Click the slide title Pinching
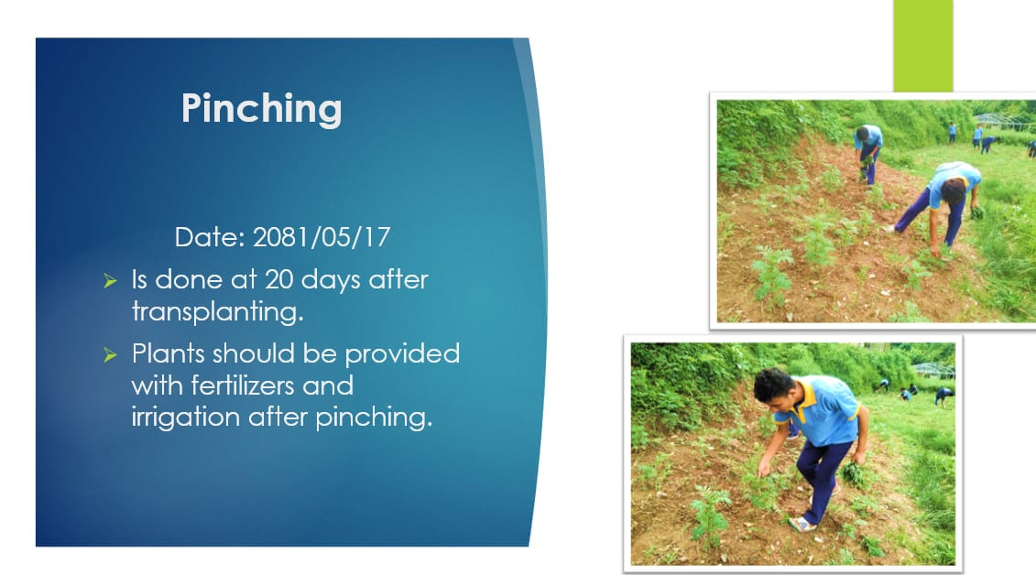tap(262, 108)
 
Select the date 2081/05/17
tap(322, 237)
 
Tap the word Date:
tap(210, 237)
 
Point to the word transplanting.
tap(217, 311)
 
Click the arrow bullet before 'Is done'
tap(110, 281)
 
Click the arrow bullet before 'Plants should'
tap(110, 355)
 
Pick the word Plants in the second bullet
tap(168, 353)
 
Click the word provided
tap(402, 353)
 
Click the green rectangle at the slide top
tap(923, 46)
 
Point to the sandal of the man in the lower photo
tap(802, 525)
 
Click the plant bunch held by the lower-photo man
tap(853, 474)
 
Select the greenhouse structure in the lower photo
tap(932, 370)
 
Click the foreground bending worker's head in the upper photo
tap(953, 190)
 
